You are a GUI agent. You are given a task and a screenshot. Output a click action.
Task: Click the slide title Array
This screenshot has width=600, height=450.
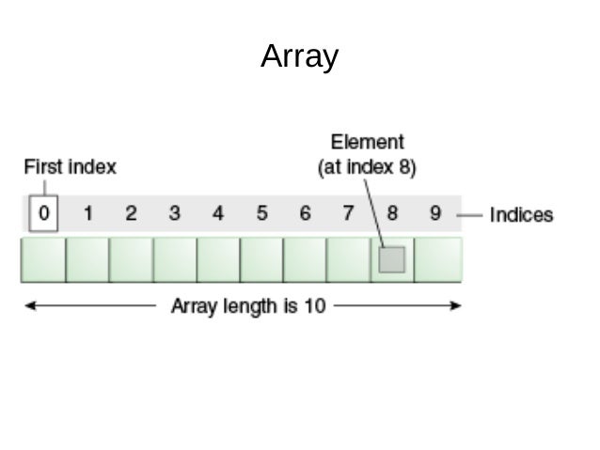(299, 56)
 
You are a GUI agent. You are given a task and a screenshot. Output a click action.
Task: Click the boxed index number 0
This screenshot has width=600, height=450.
(43, 213)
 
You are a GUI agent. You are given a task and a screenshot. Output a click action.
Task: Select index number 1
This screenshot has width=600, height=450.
(87, 213)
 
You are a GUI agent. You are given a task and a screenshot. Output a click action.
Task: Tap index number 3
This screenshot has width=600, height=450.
(175, 213)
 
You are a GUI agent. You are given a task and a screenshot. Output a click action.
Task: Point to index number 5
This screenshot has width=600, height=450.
(261, 213)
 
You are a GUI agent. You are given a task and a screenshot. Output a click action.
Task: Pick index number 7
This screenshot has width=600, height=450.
(348, 213)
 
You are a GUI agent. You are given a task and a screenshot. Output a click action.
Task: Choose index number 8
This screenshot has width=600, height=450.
(392, 213)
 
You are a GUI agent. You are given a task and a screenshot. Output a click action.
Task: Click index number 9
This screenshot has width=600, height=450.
(435, 213)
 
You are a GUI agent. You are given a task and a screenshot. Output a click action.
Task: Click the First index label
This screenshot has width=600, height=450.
(70, 168)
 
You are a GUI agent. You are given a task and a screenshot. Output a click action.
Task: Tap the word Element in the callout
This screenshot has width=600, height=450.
(367, 143)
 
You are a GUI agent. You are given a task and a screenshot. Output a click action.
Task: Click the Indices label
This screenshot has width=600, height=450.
(522, 215)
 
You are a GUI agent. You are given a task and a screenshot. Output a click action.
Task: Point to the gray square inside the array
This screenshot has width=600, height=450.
(391, 260)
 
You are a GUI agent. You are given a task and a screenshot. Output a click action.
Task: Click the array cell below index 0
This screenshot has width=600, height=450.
(43, 260)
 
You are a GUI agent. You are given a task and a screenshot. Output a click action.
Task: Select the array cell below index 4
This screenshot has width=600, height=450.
(218, 260)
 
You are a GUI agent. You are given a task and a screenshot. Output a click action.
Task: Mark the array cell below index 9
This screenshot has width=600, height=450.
(438, 260)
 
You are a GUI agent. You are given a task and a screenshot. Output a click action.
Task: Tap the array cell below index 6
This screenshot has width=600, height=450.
(305, 260)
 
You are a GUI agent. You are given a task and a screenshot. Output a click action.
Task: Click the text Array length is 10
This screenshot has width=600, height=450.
(247, 306)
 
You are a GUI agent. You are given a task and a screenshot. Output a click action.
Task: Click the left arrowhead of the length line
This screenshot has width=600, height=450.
(28, 306)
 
